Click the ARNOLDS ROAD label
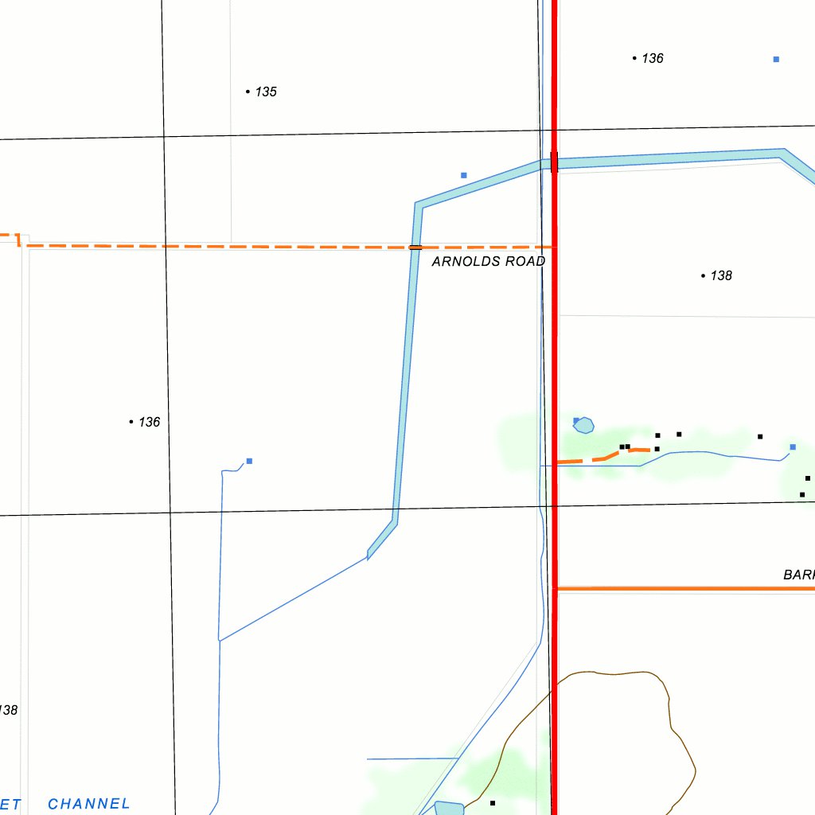[x=488, y=261]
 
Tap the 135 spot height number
[x=266, y=92]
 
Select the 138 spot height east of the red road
[x=721, y=275]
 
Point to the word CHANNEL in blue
[x=88, y=804]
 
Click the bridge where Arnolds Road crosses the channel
[x=415, y=248]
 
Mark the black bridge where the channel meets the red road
[x=554, y=162]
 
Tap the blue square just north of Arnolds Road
[x=464, y=175]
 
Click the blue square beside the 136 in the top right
[x=776, y=59]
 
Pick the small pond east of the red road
[x=584, y=426]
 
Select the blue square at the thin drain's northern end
[x=249, y=461]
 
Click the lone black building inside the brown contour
[x=493, y=802]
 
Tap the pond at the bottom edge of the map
[x=450, y=809]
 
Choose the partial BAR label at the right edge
[x=798, y=575]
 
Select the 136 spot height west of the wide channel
[x=149, y=422]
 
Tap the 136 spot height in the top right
[x=653, y=58]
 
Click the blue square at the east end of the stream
[x=793, y=447]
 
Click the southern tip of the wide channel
[x=369, y=556]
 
